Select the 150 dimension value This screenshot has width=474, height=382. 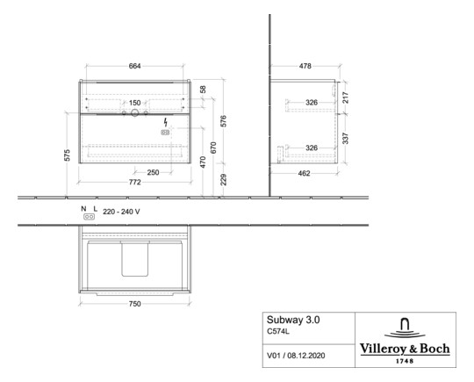[x=135, y=103]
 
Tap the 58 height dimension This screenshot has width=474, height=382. [x=204, y=90]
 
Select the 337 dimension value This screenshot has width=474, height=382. [x=346, y=138]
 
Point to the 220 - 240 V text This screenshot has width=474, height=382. [x=122, y=212]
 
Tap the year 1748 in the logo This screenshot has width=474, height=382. [x=406, y=359]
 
